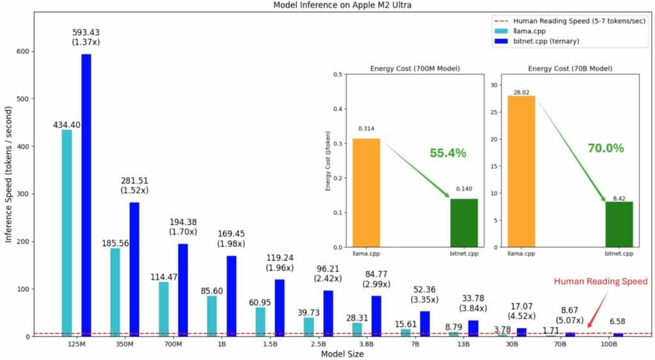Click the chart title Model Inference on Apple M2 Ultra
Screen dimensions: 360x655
327,5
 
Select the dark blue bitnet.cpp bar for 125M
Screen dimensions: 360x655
86,195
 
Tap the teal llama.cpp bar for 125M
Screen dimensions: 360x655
67,233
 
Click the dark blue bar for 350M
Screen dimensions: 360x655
134,269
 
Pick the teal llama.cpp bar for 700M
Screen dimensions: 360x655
164,309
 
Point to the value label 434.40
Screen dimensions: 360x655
67,125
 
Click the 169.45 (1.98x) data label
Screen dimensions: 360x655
231,239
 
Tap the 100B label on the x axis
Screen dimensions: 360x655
608,344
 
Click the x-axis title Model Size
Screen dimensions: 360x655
342,354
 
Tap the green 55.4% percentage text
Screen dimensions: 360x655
448,153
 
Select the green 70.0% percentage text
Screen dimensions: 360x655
605,148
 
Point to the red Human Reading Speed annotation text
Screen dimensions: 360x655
600,281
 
